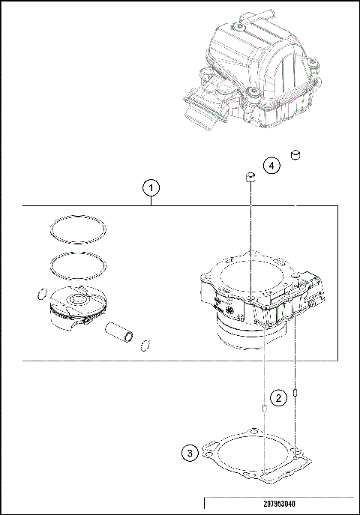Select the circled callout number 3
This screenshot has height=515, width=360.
pyautogui.click(x=191, y=453)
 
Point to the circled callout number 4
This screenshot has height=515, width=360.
pyautogui.click(x=272, y=165)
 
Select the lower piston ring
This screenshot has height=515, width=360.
pyautogui.click(x=77, y=265)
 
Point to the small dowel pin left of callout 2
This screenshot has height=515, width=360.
pyautogui.click(x=264, y=408)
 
